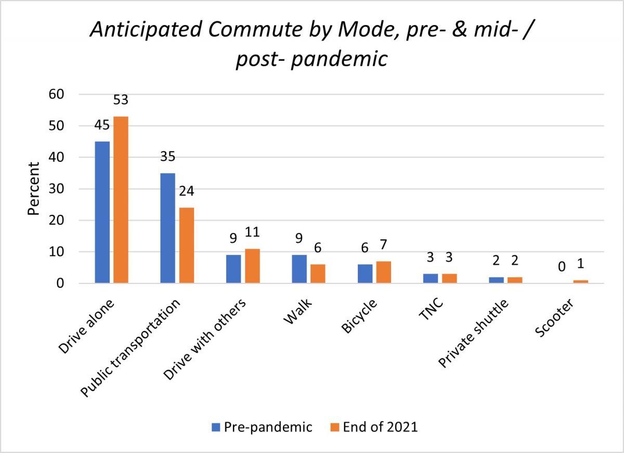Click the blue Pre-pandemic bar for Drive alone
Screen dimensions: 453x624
tap(102, 212)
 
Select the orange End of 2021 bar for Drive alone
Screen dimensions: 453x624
tap(121, 200)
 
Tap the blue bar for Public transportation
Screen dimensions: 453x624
tap(168, 228)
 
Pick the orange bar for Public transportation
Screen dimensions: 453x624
tap(186, 245)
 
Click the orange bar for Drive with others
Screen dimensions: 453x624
tap(252, 266)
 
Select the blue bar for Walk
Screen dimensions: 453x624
tap(299, 269)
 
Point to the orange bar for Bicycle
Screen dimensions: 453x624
tap(384, 273)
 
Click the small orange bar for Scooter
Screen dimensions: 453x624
tap(580, 282)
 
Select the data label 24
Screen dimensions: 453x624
tap(186, 192)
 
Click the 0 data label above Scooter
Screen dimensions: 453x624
tap(561, 267)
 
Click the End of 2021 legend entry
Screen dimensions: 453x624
tap(374, 427)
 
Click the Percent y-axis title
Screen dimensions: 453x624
tap(34, 188)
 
